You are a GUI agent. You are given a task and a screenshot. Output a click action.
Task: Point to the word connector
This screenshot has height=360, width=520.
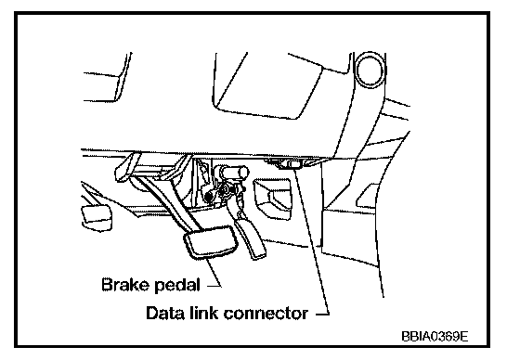point(266,314)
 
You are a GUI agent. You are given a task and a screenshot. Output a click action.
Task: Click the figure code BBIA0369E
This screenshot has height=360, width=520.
point(435,336)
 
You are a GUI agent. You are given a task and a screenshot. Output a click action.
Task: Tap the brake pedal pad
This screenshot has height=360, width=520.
point(211,241)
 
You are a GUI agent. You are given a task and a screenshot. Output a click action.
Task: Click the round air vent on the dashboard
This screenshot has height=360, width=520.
point(370,71)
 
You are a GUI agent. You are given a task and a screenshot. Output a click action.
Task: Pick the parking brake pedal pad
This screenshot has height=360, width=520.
point(97,217)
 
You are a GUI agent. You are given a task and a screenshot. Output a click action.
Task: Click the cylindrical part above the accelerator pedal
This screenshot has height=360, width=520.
point(232,173)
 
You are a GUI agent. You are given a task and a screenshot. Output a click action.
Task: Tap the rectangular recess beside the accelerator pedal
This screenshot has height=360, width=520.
point(273,199)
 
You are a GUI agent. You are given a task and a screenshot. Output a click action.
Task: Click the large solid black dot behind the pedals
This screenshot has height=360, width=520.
point(209,197)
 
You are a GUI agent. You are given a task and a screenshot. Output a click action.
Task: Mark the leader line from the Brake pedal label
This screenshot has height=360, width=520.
point(214,273)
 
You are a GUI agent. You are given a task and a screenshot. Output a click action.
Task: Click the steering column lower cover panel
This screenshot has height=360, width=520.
point(267,85)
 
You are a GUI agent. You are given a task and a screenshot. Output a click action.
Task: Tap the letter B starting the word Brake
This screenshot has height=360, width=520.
point(107,285)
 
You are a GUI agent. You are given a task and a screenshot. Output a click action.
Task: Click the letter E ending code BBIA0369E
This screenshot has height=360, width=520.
point(464,336)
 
